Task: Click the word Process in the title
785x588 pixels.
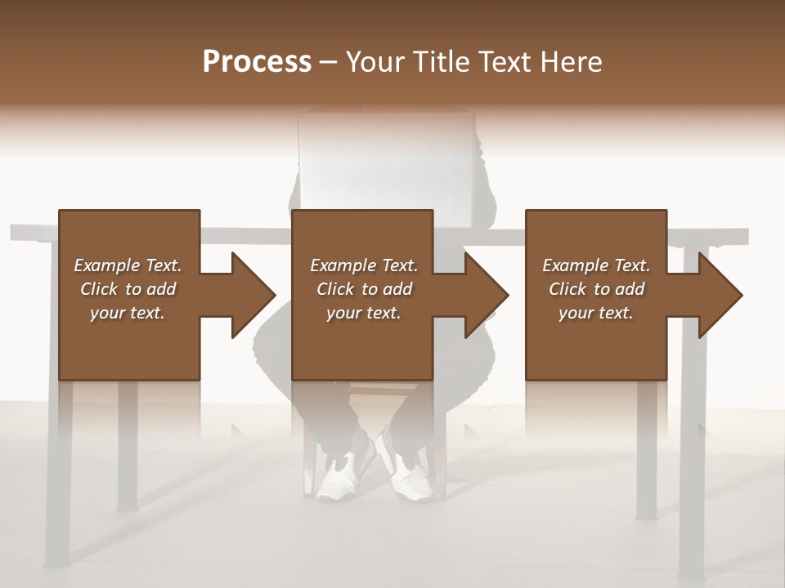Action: click(257, 62)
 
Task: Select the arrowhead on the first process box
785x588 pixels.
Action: click(253, 295)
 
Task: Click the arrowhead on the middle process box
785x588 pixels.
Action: click(487, 295)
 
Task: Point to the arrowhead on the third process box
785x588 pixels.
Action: click(720, 295)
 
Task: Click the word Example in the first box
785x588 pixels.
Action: click(107, 265)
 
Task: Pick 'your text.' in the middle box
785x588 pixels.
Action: click(363, 313)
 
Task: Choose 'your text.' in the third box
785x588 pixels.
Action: click(595, 313)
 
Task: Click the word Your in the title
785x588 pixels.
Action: click(375, 62)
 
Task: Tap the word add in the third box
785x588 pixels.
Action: click(630, 289)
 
